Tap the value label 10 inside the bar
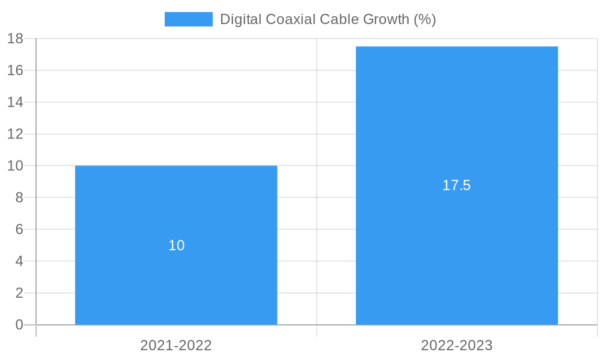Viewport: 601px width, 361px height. [176, 245]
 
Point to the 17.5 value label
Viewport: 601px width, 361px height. [457, 185]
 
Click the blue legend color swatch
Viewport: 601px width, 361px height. [188, 19]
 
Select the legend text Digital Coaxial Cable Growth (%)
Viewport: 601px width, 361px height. [328, 19]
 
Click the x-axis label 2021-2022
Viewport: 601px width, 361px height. [176, 345]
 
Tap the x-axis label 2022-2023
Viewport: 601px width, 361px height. [457, 345]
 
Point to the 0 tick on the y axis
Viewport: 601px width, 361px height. [19, 325]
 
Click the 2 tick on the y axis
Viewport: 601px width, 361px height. [19, 293]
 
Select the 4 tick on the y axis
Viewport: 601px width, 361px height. [19, 261]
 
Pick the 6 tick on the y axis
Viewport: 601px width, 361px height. [19, 229]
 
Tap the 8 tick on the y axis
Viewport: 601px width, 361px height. [19, 197]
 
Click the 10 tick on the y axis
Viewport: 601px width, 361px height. [15, 165]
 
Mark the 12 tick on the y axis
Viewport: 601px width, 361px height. [15, 134]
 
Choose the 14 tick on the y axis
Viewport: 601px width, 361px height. [15, 102]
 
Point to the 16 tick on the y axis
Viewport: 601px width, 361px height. [15, 70]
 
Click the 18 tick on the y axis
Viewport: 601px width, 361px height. [15, 39]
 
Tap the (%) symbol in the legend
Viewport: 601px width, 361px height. [425, 19]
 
